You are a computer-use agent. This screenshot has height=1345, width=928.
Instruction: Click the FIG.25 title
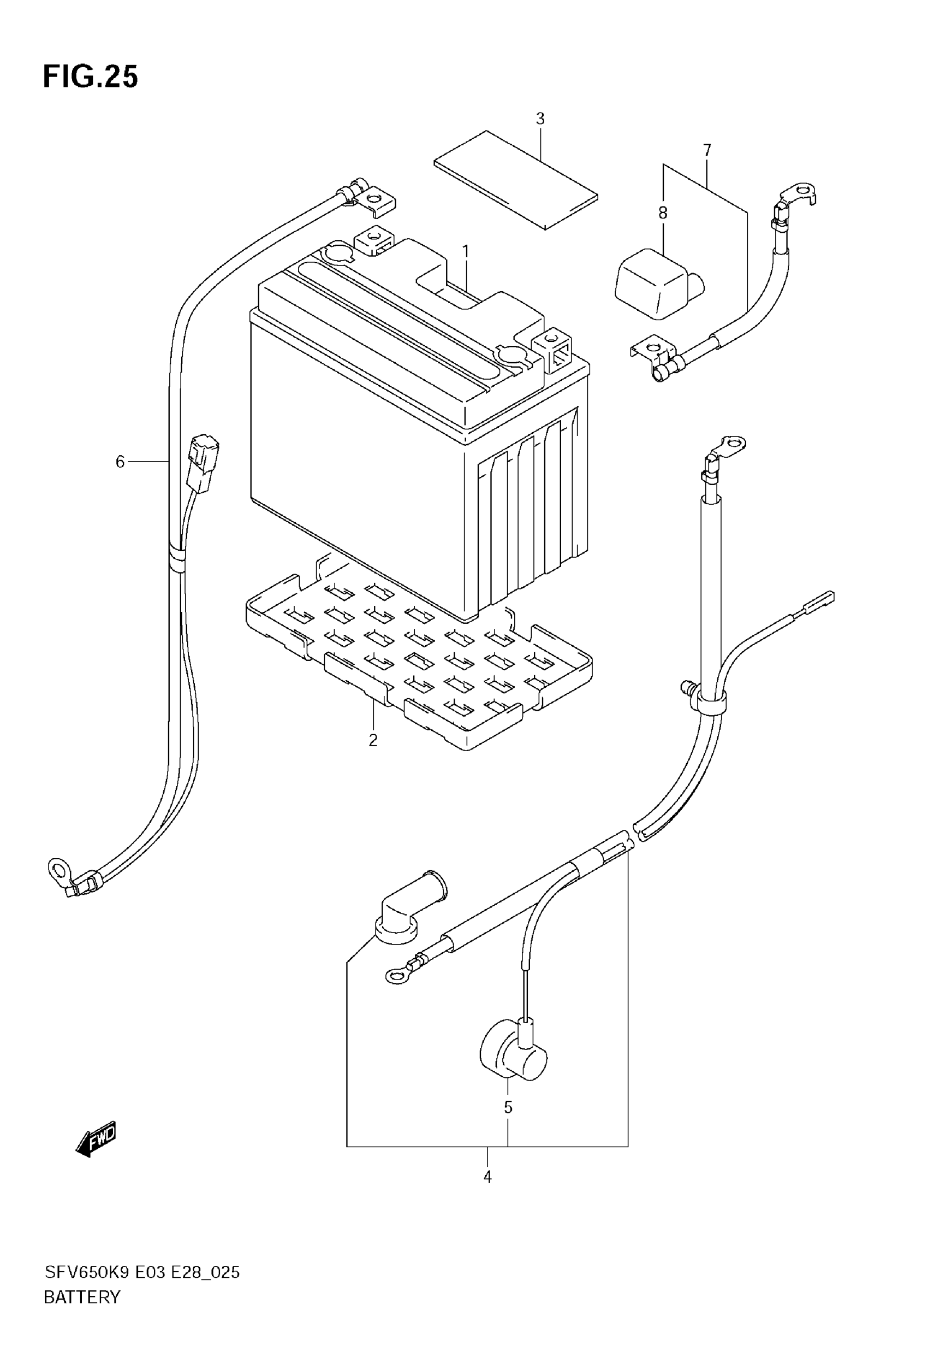coord(91,77)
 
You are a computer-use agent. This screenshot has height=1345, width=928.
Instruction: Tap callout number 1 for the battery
coord(465,251)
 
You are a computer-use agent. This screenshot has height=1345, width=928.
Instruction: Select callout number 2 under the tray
coord(373,740)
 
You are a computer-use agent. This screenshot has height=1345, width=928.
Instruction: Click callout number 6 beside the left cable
coord(120,462)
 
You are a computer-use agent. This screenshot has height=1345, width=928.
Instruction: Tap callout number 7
coord(706,151)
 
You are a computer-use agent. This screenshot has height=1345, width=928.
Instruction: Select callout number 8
coord(663,213)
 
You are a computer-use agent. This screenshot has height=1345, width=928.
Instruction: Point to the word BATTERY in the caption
coord(82,1297)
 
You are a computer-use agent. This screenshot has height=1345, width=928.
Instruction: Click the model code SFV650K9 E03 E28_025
coord(142,1272)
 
